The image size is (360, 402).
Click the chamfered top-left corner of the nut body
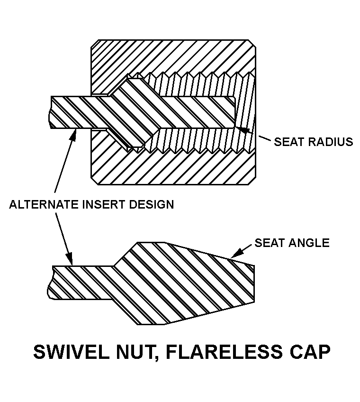pos(94,44)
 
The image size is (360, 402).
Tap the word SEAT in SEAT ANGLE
pos(268,243)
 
